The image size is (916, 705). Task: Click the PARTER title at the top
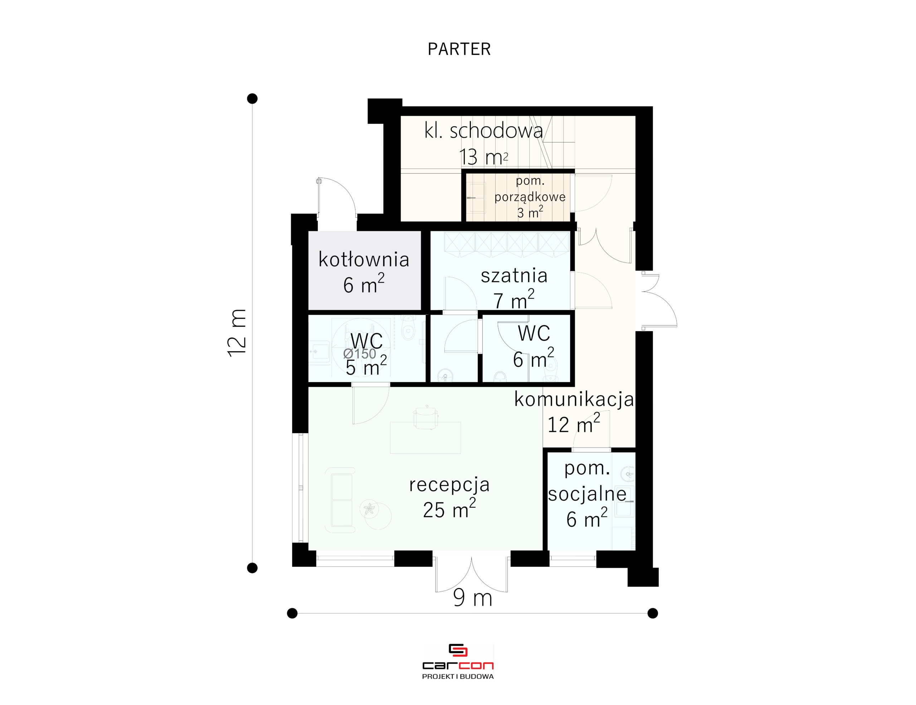[x=459, y=49]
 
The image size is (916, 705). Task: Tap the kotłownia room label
[x=364, y=259]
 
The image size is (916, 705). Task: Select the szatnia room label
[x=514, y=275]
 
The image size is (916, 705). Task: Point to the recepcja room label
[x=449, y=485]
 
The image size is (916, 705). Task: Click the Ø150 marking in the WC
[x=360, y=354]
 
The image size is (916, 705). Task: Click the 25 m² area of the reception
[x=449, y=510]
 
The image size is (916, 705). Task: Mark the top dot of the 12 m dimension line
[x=252, y=98]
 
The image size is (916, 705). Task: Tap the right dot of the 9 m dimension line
[x=653, y=613]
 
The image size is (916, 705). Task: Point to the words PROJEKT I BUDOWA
[x=458, y=676]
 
